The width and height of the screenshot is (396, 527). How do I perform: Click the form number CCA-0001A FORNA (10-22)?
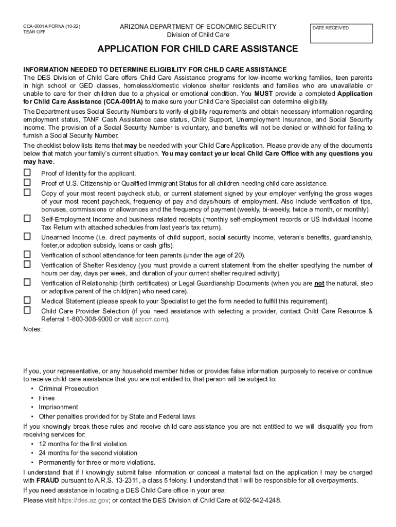tap(51, 26)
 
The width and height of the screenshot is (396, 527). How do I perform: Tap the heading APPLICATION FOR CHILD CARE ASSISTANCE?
tap(198, 49)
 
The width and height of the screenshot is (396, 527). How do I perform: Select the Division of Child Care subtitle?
tap(198, 35)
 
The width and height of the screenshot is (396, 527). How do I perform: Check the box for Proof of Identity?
tap(27, 172)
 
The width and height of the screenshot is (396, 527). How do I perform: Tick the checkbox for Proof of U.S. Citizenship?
tap(27, 183)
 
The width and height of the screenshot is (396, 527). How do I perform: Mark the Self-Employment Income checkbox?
tap(27, 219)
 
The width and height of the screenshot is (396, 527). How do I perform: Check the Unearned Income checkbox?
tap(27, 236)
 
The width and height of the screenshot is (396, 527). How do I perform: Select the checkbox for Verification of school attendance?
tap(27, 254)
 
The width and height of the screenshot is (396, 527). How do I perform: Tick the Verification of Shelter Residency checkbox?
tap(27, 264)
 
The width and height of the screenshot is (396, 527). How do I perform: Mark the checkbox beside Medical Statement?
tap(27, 300)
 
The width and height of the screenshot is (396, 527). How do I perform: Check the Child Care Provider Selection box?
tap(27, 310)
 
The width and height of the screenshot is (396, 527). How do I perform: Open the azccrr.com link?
tap(151, 320)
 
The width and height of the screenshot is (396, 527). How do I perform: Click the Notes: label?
tap(32, 329)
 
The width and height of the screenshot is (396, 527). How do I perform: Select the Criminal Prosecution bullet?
tap(68, 389)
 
